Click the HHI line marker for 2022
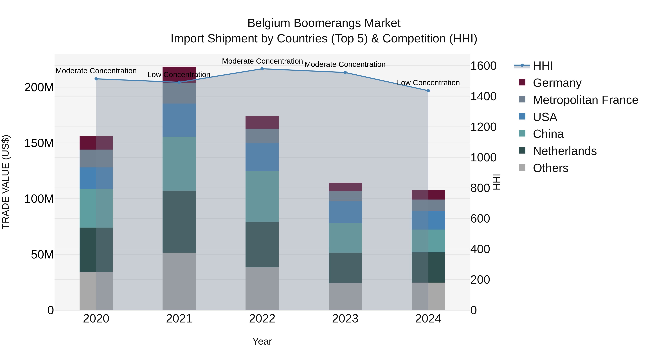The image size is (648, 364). tap(262, 69)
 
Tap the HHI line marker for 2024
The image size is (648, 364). tap(428, 91)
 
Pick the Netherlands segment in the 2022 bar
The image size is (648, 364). tap(262, 244)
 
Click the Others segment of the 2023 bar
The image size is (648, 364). tap(345, 296)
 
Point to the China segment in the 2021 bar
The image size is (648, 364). tap(179, 164)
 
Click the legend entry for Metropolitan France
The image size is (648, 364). tap(585, 100)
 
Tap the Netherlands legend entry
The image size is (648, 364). tap(564, 151)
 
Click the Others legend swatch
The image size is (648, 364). tap(522, 168)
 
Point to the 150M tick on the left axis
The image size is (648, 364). tap(39, 143)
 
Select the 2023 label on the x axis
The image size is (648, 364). tap(345, 319)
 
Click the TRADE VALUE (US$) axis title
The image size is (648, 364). tap(6, 182)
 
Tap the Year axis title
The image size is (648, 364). tap(262, 341)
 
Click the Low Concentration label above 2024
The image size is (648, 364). tap(428, 83)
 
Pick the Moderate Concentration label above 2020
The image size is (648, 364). tap(96, 71)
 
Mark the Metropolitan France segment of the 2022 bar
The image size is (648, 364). tap(262, 136)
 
